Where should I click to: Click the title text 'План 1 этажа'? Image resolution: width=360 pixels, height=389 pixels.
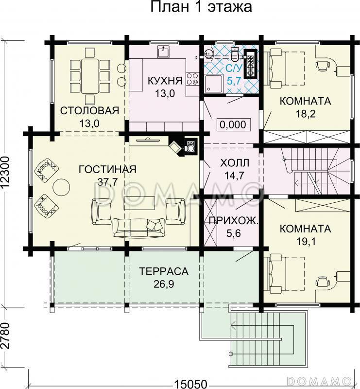point(201,7)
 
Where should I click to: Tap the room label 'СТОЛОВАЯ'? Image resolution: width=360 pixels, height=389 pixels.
point(90,111)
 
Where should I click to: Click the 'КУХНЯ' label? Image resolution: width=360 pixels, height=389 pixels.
point(165,81)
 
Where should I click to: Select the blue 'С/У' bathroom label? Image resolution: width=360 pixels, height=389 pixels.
point(234,68)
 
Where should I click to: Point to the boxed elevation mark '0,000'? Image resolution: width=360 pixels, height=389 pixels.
point(233,124)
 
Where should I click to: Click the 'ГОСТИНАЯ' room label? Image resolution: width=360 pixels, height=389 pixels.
point(107,169)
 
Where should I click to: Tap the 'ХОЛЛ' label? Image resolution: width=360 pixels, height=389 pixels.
point(235,163)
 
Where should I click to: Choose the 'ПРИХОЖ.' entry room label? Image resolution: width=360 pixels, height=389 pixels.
point(234,221)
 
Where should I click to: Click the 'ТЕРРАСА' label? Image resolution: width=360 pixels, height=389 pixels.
point(164,271)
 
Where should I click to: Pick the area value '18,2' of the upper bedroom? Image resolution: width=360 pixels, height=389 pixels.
point(306,114)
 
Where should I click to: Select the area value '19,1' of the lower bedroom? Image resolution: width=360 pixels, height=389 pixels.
point(306,241)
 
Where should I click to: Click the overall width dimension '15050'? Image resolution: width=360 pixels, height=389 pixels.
point(190,384)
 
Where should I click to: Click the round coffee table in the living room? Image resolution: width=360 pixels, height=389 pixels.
point(62,187)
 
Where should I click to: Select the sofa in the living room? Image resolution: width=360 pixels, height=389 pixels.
point(139,228)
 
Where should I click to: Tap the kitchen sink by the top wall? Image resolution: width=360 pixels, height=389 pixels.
point(163,52)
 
